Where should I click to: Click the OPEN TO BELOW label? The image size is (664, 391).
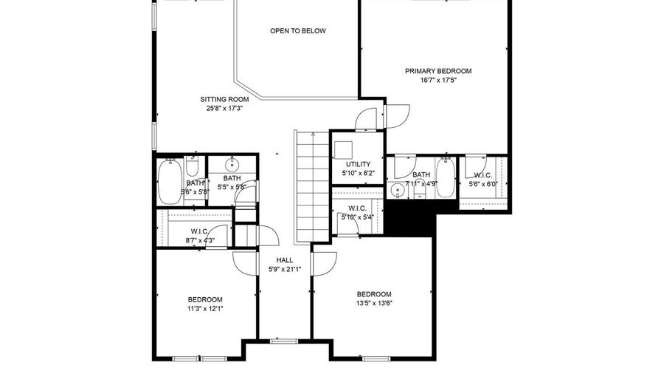297,31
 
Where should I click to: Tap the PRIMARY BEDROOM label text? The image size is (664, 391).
438,71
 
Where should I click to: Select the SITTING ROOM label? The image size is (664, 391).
224,99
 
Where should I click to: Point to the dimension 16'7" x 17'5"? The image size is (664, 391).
438,81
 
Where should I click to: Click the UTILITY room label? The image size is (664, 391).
358,164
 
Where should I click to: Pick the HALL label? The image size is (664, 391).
285,260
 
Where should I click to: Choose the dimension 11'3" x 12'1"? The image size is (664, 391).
205,309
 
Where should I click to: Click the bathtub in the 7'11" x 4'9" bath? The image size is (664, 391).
446,178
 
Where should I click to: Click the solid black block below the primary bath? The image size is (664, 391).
409,219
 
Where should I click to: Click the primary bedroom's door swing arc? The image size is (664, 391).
396,115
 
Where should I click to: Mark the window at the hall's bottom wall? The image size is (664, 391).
284,341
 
